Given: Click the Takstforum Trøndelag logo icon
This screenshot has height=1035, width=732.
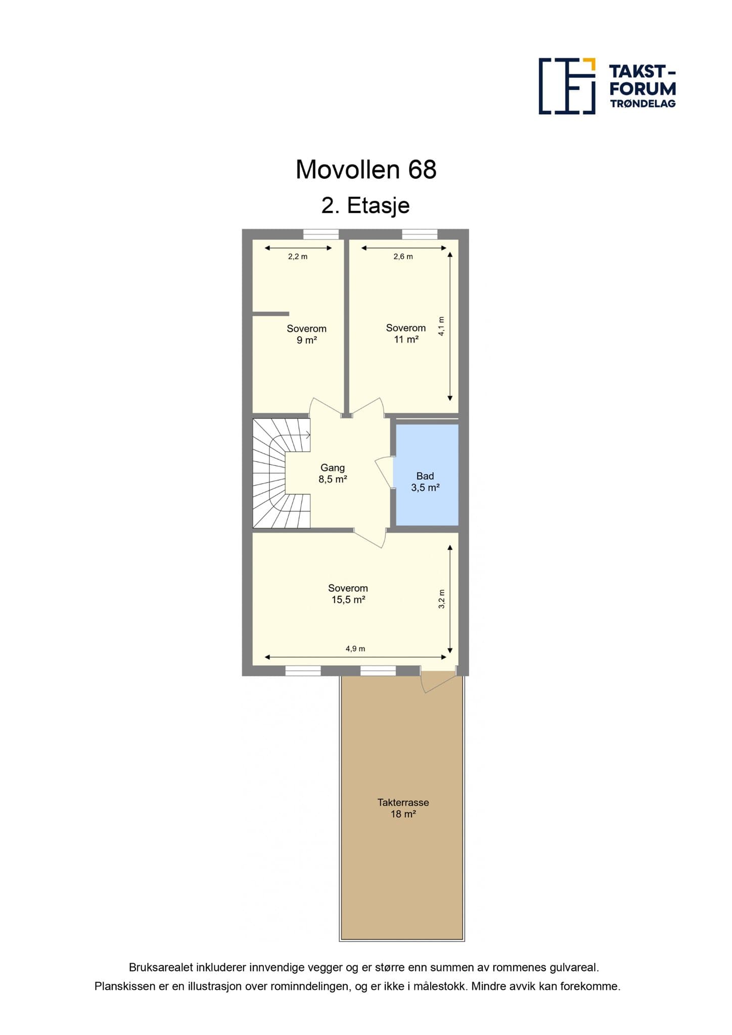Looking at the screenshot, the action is [567, 86].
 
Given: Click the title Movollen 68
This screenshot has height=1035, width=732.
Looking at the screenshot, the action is [366, 170].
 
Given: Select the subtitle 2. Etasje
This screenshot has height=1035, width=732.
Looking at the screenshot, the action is [365, 206].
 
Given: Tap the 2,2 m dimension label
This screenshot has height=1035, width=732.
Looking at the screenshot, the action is [298, 257].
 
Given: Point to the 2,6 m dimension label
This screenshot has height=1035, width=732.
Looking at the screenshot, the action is [403, 257].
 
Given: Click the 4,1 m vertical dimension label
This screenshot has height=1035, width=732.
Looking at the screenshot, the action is [441, 326].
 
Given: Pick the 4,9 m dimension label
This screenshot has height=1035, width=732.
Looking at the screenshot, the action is [355, 649].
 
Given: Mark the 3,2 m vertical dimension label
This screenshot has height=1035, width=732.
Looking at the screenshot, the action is [441, 599].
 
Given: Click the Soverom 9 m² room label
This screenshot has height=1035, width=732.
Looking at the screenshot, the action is [306, 334].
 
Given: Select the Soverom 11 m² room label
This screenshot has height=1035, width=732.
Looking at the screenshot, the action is [406, 334].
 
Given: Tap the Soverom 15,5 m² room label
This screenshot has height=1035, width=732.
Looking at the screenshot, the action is [348, 594].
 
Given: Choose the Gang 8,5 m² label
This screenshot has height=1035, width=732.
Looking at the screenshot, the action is [333, 474].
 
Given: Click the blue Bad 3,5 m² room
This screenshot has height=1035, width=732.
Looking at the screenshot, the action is [427, 475].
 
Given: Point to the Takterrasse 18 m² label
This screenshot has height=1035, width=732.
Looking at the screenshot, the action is [403, 808].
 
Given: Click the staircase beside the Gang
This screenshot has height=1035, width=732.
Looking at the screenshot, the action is [281, 473].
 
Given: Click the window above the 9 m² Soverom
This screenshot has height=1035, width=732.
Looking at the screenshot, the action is [321, 234].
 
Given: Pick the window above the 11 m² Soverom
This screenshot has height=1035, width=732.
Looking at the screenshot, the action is [420, 234].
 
